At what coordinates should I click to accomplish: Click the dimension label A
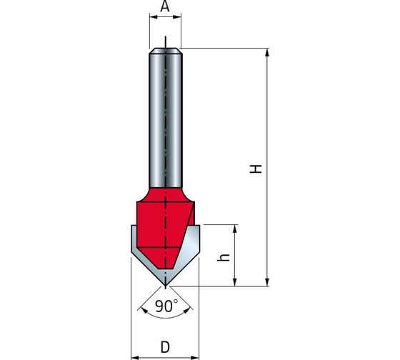pos(165,6)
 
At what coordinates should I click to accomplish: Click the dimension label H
pos(256,169)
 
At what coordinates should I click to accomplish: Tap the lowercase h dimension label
pos(224,257)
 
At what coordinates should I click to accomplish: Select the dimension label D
pos(165,347)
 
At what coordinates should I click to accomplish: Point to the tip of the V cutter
pos(165,286)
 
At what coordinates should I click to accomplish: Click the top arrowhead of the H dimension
pos(267,53)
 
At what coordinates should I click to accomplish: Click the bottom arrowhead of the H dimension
pos(267,282)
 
